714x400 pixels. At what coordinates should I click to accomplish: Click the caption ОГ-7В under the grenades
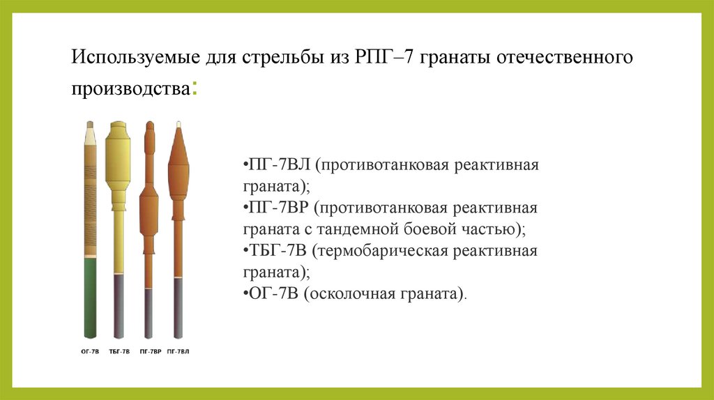89,351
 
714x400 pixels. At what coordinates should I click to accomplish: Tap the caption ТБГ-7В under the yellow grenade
119,351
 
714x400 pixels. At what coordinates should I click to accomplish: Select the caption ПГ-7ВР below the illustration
149,351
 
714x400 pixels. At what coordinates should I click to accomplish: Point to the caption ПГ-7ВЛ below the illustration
178,351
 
